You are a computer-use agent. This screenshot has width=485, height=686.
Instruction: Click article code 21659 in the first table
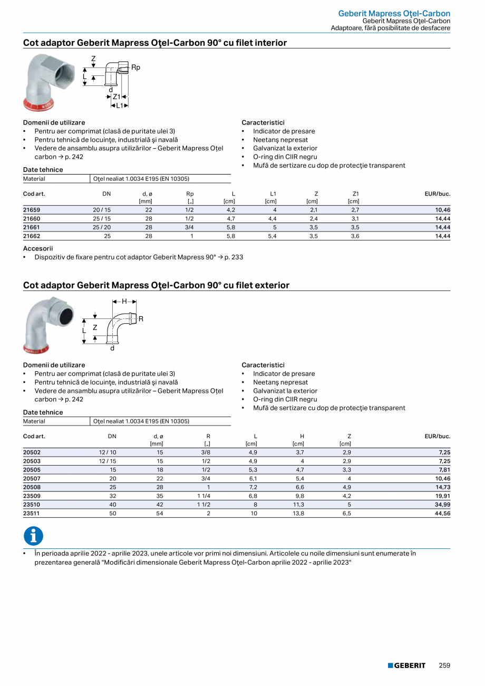point(32,210)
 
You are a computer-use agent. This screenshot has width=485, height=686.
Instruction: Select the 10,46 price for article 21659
point(442,210)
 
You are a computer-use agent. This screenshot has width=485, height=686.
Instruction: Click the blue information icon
point(33,536)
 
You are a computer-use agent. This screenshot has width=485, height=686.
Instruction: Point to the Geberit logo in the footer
point(406,666)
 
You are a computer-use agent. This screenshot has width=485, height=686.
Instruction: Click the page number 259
point(444,666)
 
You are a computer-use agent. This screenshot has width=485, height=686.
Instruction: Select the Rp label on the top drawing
point(135,67)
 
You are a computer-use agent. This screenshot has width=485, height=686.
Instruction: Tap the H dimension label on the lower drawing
point(124,302)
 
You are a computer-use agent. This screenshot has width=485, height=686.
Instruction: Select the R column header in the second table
point(208,437)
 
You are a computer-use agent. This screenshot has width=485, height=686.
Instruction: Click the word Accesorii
point(38,248)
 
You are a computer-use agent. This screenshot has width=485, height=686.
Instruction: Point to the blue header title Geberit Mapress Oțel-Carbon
point(394,13)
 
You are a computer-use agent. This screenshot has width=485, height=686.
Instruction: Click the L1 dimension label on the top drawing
point(120,105)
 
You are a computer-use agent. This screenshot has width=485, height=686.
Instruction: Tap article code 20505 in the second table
point(32,470)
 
